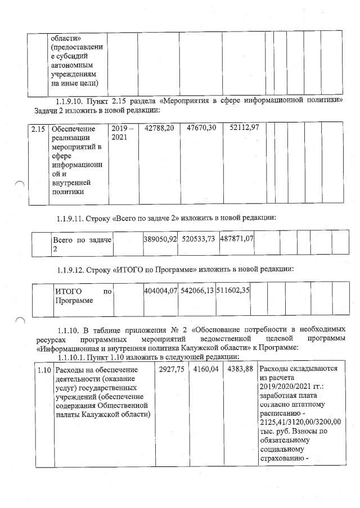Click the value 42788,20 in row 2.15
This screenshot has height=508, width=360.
point(159,129)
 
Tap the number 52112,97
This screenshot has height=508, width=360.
point(244,129)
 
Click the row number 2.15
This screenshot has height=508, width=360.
point(38,129)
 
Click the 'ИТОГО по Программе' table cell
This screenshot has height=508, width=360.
point(83,296)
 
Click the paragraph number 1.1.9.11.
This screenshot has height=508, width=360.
point(75,217)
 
